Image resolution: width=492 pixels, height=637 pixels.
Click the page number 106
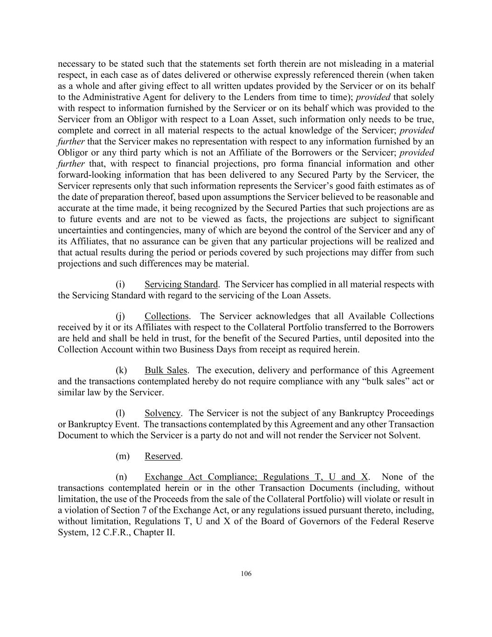click(246, 574)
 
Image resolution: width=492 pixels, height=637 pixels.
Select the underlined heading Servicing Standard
click(181, 284)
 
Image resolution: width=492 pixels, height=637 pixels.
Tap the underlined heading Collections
click(166, 316)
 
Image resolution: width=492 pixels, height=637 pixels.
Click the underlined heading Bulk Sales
click(166, 371)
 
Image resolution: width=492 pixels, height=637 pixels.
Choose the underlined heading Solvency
click(162, 413)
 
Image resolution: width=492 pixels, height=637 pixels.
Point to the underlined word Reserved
click(162, 456)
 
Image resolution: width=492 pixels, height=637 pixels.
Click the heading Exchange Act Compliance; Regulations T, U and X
click(256, 477)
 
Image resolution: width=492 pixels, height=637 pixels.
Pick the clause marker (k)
click(121, 371)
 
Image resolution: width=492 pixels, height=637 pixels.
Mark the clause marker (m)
click(122, 456)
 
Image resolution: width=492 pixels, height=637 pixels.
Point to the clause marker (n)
click(121, 477)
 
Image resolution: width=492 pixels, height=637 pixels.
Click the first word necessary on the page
click(76, 64)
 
